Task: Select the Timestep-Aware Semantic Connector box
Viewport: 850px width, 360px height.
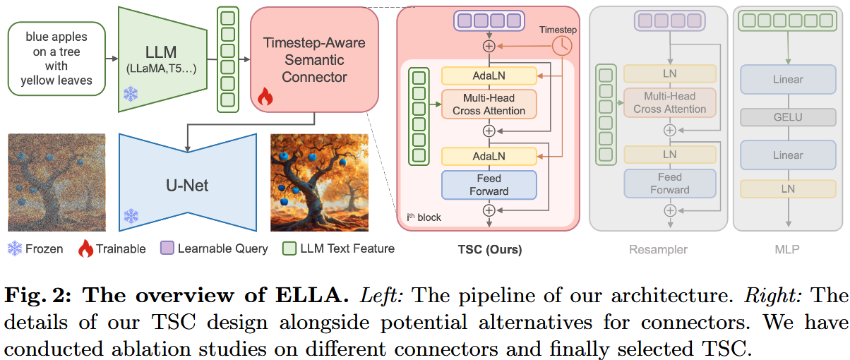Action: pos(314,60)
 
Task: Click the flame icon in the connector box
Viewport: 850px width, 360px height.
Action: pos(265,97)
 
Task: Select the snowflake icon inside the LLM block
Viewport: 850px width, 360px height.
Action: pos(131,94)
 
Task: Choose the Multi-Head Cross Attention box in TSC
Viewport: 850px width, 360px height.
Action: pos(489,104)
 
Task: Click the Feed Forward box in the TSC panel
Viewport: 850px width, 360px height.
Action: pos(489,184)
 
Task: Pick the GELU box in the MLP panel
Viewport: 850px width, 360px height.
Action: pos(788,117)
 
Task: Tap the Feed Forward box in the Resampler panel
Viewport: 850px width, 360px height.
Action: pos(669,183)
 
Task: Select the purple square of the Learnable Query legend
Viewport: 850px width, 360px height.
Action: pos(167,248)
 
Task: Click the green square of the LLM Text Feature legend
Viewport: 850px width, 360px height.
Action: pos(289,248)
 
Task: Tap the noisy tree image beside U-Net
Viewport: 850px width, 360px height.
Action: pos(56,183)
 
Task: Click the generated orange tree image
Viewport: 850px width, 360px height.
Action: pos(319,183)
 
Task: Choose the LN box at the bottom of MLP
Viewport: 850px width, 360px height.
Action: pos(788,188)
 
